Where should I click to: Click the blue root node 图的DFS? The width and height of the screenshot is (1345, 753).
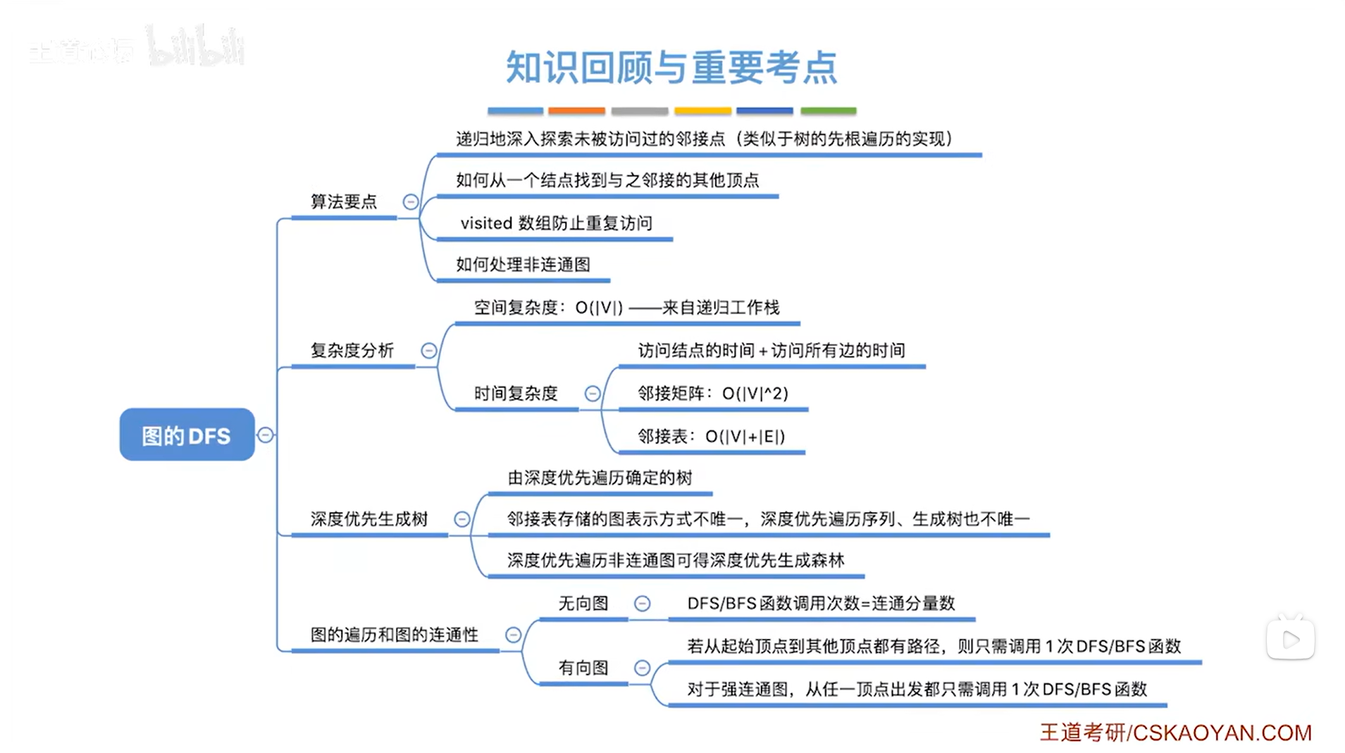pos(187,435)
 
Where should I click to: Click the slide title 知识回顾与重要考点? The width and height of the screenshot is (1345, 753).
pos(671,68)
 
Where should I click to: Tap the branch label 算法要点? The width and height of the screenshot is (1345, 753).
pos(344,202)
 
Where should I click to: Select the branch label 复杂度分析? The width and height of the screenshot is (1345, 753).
pos(352,351)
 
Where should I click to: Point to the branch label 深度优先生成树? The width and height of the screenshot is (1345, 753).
pos(369,519)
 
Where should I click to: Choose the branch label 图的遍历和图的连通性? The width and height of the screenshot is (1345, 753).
pos(395,635)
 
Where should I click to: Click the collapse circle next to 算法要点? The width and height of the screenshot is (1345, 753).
pos(410,202)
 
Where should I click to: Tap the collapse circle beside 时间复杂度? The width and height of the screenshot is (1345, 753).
pos(593,394)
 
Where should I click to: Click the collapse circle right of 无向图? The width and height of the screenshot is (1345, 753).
pos(642,604)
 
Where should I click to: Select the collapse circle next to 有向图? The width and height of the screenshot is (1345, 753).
pos(642,668)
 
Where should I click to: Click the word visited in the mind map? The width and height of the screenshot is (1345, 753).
pos(486,223)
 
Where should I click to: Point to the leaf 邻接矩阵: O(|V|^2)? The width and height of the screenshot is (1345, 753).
pos(713,394)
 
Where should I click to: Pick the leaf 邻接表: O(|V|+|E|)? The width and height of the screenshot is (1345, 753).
pos(711,437)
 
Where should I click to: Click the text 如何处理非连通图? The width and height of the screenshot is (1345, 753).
pos(523,265)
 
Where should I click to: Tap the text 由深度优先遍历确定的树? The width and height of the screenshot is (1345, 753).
pos(600,478)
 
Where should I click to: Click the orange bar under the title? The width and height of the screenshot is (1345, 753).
pos(576,111)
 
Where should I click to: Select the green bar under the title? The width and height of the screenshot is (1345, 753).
pos(829,111)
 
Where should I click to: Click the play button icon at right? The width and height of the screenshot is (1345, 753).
pos(1290,640)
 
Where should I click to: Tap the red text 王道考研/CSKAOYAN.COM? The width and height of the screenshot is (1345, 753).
pos(1175,733)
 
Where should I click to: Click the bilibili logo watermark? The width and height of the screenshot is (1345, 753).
pos(195,46)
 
